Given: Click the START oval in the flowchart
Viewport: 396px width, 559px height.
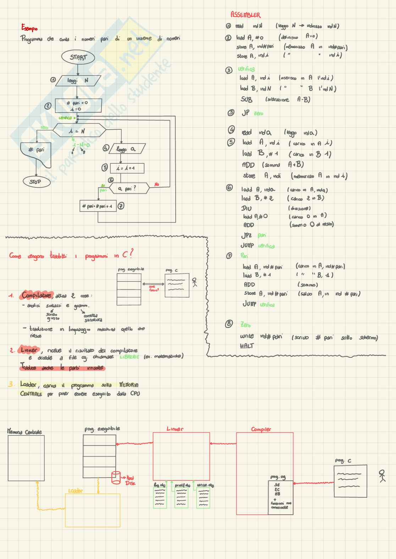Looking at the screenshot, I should click(78, 57).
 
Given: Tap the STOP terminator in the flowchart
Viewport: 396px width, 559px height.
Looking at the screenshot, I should click(35, 182).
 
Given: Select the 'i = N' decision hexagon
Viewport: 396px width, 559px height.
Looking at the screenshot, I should click(79, 131).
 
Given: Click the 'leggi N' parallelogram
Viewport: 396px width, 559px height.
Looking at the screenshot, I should click(77, 81).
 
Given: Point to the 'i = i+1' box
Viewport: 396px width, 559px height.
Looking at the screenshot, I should click(127, 168).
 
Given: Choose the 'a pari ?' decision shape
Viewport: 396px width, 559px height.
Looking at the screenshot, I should click(127, 189).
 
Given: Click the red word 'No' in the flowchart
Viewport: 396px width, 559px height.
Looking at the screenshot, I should click(156, 185).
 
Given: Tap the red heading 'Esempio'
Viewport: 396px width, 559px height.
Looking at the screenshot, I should click(29, 28).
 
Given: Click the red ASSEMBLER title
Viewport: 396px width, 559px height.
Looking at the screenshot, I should click(245, 15).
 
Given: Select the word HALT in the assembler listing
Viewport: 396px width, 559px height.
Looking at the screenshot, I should click(247, 346).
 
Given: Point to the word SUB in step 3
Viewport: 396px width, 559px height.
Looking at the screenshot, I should click(246, 100).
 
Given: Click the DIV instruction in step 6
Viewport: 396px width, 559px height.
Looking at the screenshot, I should click(246, 208).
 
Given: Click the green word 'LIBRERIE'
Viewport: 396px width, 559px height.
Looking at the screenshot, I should click(129, 357).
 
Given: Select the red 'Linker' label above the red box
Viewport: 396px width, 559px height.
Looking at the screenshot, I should click(175, 429).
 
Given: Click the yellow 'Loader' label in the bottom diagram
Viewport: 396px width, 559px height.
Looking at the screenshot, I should click(75, 491).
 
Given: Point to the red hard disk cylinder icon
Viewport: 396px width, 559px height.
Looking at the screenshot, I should click(116, 477).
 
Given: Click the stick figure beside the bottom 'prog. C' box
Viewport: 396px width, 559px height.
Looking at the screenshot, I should click(382, 475).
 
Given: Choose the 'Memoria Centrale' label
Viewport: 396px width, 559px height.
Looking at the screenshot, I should click(24, 432).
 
